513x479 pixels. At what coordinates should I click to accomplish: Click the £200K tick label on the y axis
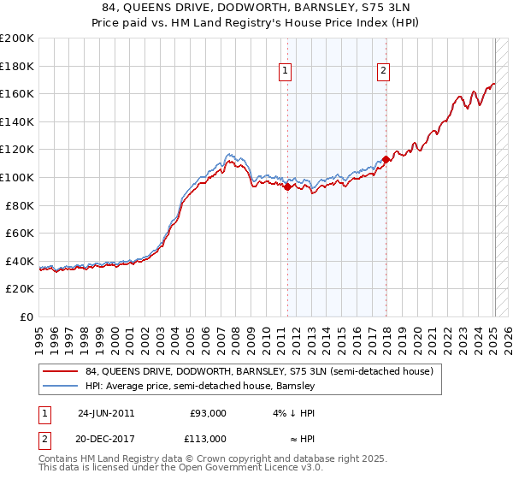pyautogui.click(x=17, y=38)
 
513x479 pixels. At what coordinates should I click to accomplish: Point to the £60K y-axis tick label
pyautogui.click(x=20, y=233)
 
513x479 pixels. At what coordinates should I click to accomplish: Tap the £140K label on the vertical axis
pyautogui.click(x=17, y=121)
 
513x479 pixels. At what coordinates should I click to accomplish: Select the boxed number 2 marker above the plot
pyautogui.click(x=384, y=72)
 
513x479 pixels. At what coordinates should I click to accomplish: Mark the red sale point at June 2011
pyautogui.click(x=287, y=187)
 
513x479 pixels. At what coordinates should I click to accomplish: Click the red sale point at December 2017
pyautogui.click(x=386, y=159)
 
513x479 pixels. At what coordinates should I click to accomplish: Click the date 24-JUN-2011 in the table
pyautogui.click(x=106, y=412)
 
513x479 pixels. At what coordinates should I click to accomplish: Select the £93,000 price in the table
pyautogui.click(x=208, y=412)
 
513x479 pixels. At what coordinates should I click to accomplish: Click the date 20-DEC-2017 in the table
pyautogui.click(x=106, y=438)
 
